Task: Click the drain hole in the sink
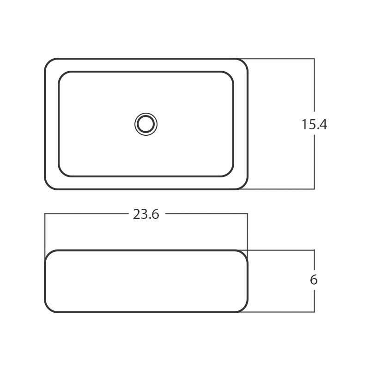point(146,124)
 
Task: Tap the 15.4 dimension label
point(314,124)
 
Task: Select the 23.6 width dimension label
point(146,214)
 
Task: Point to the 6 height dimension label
point(314,280)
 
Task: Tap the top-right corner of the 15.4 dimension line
point(314,59)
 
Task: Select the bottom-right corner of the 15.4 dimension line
point(314,189)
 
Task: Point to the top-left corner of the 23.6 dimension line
point(45,214)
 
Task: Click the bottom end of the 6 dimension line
point(314,312)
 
